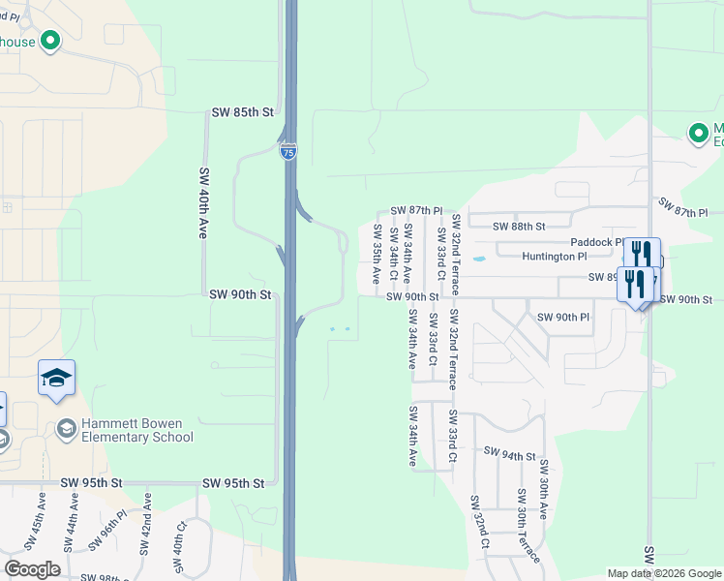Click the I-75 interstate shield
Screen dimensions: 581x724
(x=288, y=152)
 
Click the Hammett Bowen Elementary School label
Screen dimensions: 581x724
(x=136, y=429)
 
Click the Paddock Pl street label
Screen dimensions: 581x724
(x=596, y=242)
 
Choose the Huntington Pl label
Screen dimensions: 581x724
(x=554, y=257)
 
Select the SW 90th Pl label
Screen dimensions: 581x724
(x=562, y=318)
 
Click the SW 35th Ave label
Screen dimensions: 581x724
(x=377, y=253)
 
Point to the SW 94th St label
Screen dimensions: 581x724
(x=509, y=454)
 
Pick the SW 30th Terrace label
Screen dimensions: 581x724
(x=522, y=532)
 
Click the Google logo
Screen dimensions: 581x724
(x=32, y=569)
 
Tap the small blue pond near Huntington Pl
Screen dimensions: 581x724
(x=477, y=260)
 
